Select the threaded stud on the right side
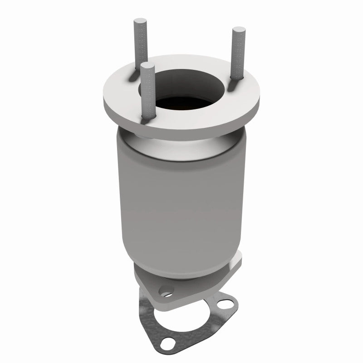pos(237,54)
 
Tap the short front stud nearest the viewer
pos(147,91)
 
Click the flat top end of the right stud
pos(237,30)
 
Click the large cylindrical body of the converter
pos(181,195)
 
